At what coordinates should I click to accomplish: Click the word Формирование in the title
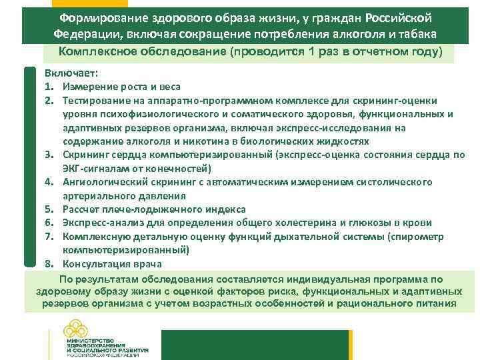tap(113, 17)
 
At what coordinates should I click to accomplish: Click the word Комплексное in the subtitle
tap(97, 52)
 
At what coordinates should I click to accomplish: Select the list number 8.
tap(49, 263)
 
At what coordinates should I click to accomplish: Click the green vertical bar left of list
tap(30, 167)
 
